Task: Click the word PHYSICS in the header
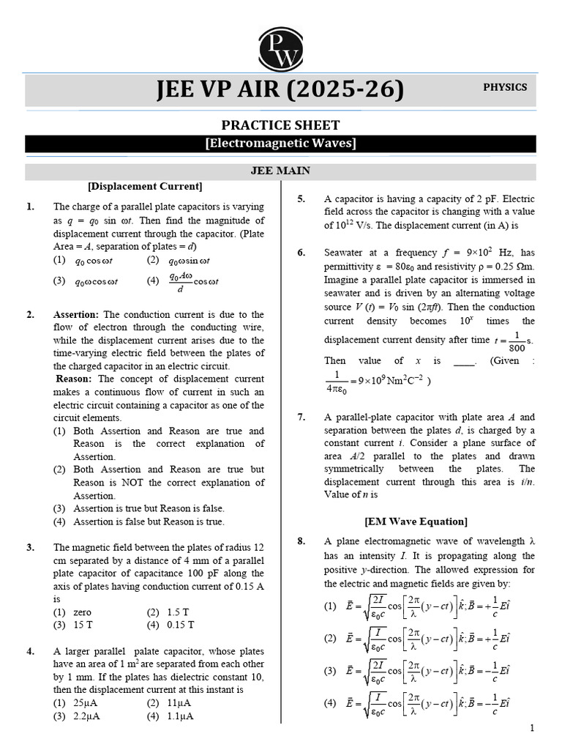coord(504,87)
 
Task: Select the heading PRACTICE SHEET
coord(280,125)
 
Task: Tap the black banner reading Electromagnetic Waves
coord(280,144)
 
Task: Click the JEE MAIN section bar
coord(280,171)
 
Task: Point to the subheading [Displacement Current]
coord(145,186)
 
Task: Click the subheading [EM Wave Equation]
coord(416,521)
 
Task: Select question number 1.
coord(31,207)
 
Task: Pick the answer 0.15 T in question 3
coord(180,625)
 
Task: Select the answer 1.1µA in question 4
coord(180,716)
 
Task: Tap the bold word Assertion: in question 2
coord(75,315)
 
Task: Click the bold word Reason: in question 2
coord(75,379)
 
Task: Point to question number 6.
coord(301,253)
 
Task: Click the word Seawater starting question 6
coord(347,253)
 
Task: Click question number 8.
coord(301,542)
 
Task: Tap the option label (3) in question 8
coord(330,670)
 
